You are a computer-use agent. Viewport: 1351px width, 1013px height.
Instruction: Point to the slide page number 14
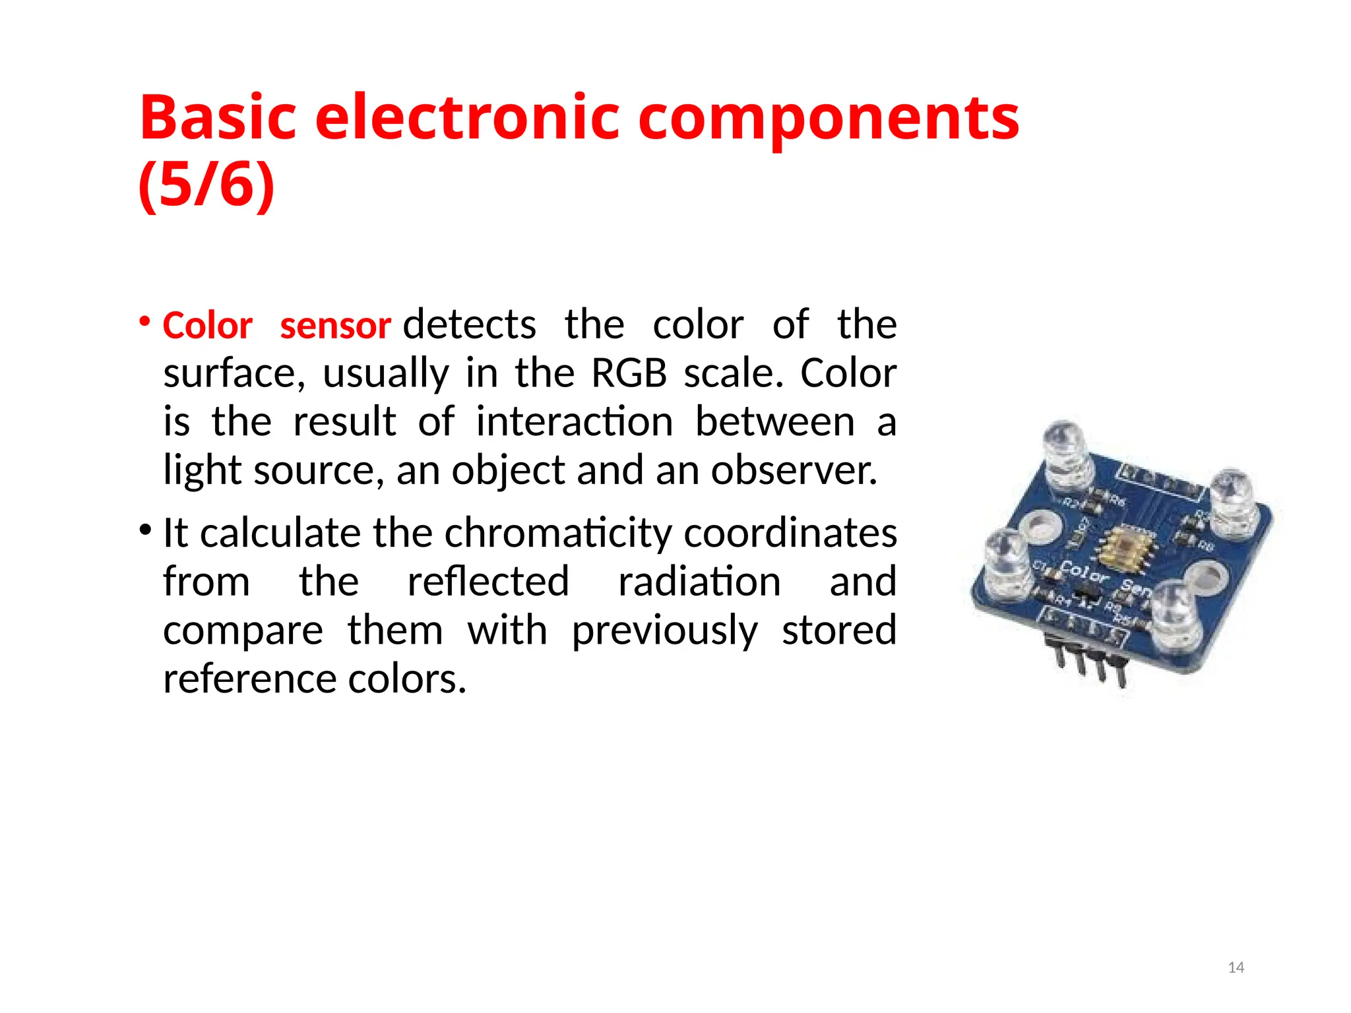point(1236,967)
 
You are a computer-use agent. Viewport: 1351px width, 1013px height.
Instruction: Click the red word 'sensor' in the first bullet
point(336,326)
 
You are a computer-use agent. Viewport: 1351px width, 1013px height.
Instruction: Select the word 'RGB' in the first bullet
point(629,373)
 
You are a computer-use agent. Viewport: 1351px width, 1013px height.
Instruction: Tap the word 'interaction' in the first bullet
point(575,421)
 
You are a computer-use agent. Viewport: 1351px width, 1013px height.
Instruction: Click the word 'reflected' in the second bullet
point(488,581)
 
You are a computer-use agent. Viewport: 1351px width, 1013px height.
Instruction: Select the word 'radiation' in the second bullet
point(699,581)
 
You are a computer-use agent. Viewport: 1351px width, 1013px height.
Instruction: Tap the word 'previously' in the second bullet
point(665,630)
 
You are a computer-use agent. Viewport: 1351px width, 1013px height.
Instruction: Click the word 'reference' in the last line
point(250,679)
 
